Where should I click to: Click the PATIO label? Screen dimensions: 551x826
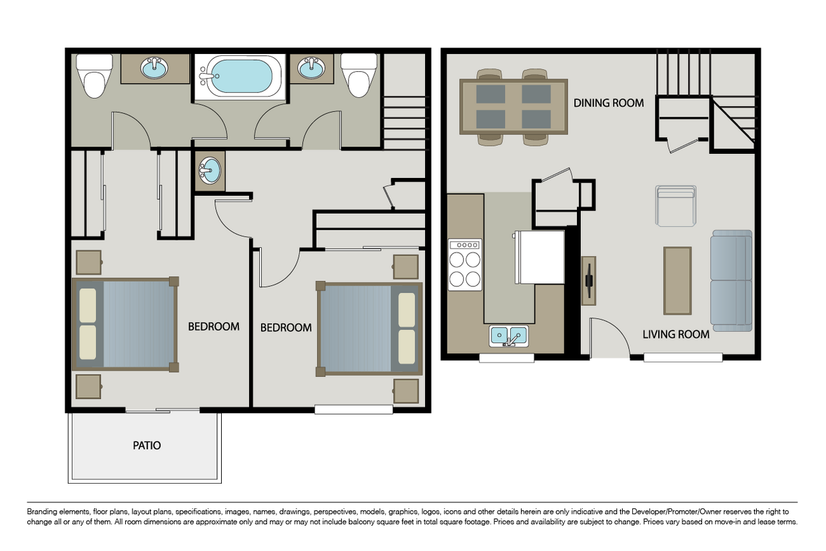(147, 446)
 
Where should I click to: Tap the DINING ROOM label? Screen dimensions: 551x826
(608, 103)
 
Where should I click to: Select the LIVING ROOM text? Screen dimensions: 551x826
(675, 334)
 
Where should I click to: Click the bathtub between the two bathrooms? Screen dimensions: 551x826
(240, 76)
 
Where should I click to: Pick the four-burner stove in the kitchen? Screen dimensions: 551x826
(465, 265)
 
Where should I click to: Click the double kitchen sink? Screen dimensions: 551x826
(509, 336)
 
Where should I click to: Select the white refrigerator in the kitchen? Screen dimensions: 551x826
(540, 257)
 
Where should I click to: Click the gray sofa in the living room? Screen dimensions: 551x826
(731, 280)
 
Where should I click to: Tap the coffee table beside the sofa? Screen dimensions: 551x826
(677, 280)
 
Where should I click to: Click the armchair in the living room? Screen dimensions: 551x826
(675, 206)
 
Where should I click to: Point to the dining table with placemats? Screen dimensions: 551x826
(514, 107)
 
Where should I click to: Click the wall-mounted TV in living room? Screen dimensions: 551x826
(589, 280)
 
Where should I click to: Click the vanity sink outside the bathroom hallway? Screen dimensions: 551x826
(210, 171)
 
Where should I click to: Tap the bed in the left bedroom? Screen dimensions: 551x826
(125, 324)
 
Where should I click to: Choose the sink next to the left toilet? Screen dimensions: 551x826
(155, 68)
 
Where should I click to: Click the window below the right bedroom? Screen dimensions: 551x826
(353, 410)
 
